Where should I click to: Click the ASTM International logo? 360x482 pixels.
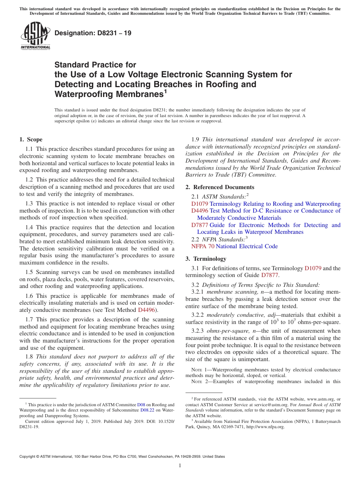click(x=35, y=36)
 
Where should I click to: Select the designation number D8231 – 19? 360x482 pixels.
click(x=93, y=33)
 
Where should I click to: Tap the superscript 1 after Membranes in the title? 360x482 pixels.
click(x=166, y=91)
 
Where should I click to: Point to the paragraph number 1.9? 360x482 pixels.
click(x=196, y=139)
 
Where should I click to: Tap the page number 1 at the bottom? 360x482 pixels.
click(x=180, y=466)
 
